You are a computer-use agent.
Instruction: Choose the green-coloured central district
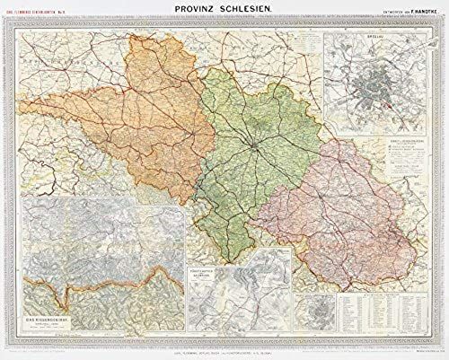[x=251, y=144]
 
